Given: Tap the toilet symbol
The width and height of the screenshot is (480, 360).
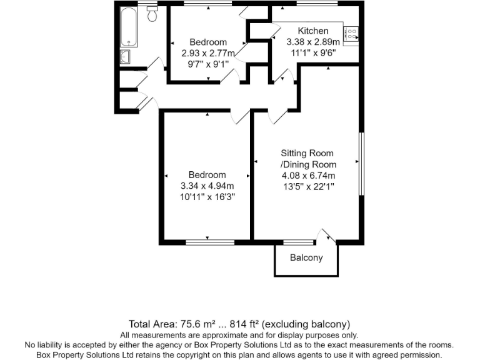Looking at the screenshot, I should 152,14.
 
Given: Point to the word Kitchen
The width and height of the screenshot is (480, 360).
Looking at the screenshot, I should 312,31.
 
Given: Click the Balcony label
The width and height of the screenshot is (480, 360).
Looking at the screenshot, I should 306,258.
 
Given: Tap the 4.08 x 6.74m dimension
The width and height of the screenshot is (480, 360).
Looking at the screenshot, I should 307,175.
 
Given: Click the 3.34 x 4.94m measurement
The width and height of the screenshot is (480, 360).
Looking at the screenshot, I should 207,186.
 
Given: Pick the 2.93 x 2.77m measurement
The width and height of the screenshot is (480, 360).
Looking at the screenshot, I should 207,53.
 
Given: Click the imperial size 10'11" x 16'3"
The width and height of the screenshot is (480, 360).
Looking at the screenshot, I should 207,197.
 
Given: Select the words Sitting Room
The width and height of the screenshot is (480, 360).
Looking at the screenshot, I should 307,153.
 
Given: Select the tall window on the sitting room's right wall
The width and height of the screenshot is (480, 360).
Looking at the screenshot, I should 360,164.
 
